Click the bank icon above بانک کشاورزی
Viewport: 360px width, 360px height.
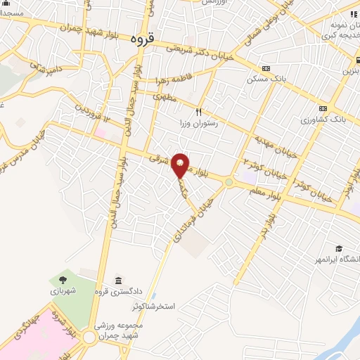(323, 108)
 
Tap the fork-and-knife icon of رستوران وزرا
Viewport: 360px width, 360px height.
(199, 112)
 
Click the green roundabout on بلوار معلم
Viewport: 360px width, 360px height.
(229, 183)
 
